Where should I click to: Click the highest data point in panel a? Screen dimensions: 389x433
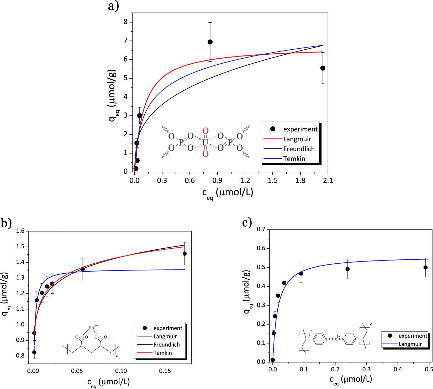click(x=210, y=42)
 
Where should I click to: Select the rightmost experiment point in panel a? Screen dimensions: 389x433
click(x=323, y=68)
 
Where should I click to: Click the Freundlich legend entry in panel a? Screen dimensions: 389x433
click(x=299, y=149)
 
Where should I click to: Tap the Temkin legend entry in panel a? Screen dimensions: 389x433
click(x=294, y=159)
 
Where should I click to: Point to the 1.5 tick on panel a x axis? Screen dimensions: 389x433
click(x=273, y=180)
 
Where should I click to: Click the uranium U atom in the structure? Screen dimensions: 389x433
click(x=205, y=143)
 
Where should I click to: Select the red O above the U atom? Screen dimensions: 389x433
click(x=205, y=131)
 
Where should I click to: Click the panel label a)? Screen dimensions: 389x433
click(x=113, y=6)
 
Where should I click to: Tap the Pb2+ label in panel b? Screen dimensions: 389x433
click(x=93, y=327)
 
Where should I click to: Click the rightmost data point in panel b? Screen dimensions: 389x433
click(x=184, y=254)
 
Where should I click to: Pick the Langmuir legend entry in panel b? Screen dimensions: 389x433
click(x=165, y=336)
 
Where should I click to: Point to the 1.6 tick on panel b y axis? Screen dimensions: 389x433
click(x=20, y=231)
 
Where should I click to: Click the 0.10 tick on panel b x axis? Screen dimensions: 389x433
click(x=121, y=371)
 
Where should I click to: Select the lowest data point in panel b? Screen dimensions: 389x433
click(x=34, y=352)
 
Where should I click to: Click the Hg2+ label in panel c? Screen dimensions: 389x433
click(x=336, y=339)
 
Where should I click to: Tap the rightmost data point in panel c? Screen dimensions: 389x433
click(x=425, y=268)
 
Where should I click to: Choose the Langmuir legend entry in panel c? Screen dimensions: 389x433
click(x=410, y=344)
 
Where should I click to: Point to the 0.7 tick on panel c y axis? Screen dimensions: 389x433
click(x=261, y=229)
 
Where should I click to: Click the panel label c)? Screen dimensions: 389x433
click(x=247, y=223)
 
